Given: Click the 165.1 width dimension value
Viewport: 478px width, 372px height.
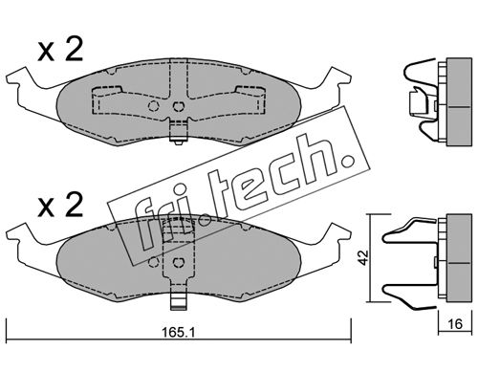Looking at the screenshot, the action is coord(178,333).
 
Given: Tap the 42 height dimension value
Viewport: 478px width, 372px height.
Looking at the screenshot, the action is coord(363,257).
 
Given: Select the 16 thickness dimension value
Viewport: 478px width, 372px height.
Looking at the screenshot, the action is coord(455,324).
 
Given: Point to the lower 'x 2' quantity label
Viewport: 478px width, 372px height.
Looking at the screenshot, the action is coord(60,205).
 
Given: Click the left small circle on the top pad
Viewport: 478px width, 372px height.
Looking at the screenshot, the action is coord(154,105).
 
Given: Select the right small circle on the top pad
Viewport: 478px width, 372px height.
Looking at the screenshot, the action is coord(178,105).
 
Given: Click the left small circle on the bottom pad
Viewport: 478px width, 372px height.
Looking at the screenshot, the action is coord(154,262).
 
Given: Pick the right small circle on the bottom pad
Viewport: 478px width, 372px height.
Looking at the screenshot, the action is coord(178,262).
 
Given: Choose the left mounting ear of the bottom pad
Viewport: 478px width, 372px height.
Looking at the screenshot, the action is coord(22,236).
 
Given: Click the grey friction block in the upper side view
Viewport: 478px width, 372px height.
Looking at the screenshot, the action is coord(459,102).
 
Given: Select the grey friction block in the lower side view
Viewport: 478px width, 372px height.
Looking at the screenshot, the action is coord(459,257).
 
